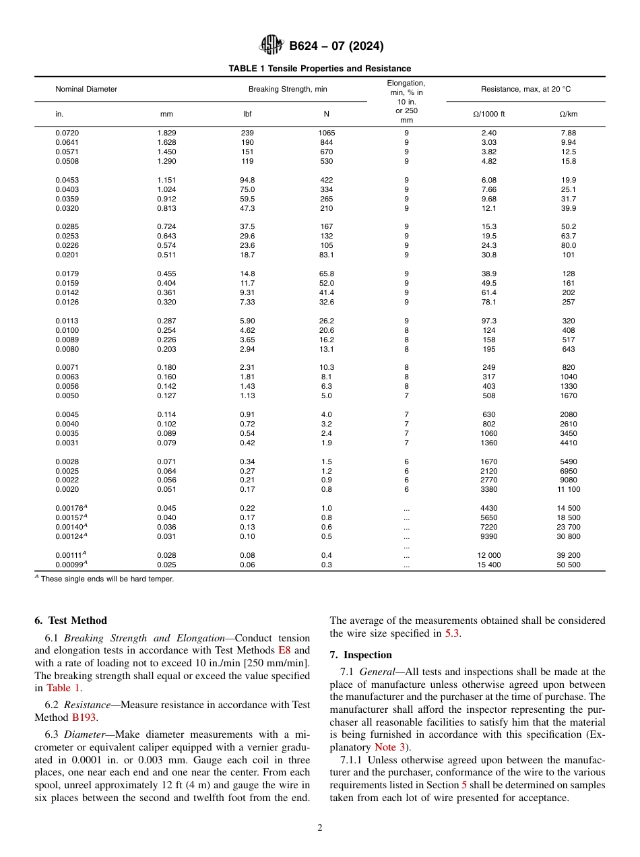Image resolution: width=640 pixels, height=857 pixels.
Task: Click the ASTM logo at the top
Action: tap(271, 46)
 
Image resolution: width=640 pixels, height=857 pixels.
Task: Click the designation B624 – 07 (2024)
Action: tap(336, 46)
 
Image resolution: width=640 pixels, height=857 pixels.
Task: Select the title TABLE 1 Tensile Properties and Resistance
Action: tap(319, 69)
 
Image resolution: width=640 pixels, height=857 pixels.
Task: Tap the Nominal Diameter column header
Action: tap(86, 89)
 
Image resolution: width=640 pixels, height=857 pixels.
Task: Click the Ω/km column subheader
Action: tap(568, 114)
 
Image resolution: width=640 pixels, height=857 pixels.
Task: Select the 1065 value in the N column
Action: tap(326, 133)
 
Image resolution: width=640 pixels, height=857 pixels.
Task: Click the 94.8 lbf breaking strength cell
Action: tap(247, 180)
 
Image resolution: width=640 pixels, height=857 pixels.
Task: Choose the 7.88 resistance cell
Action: tap(568, 133)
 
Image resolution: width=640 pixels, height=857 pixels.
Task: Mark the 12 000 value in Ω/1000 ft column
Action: tap(488, 555)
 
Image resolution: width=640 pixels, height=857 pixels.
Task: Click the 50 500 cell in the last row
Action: tap(568, 565)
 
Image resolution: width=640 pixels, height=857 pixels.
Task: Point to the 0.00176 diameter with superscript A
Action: tap(71, 508)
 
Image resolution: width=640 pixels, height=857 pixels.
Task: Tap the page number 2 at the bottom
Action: tap(320, 828)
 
